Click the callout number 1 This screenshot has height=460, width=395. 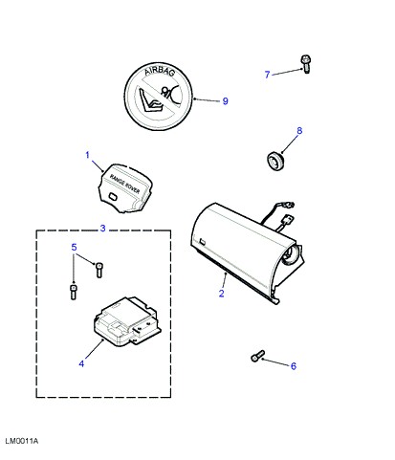[x=87, y=155]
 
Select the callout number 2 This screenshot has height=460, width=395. [x=222, y=294]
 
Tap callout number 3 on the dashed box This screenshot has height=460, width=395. [x=102, y=229]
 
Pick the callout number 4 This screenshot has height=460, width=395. [x=81, y=363]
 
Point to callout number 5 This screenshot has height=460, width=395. [x=74, y=247]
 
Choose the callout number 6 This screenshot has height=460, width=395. [x=294, y=366]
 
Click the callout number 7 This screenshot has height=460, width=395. [x=268, y=75]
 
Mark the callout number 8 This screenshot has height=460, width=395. [x=299, y=131]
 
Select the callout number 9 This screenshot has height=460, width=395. [x=225, y=101]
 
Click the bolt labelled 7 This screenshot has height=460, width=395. [x=306, y=64]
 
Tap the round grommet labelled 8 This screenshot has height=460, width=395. [x=275, y=161]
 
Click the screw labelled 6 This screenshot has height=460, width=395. [x=257, y=356]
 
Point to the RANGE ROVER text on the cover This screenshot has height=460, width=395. [x=124, y=184]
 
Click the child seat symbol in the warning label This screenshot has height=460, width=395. [x=150, y=100]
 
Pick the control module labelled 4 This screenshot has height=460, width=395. [x=127, y=321]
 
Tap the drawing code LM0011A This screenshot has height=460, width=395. [x=22, y=441]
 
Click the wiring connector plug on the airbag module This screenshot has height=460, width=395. [x=289, y=220]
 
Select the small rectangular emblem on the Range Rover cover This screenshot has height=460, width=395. [x=113, y=196]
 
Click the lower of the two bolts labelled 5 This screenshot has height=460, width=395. [x=74, y=292]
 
